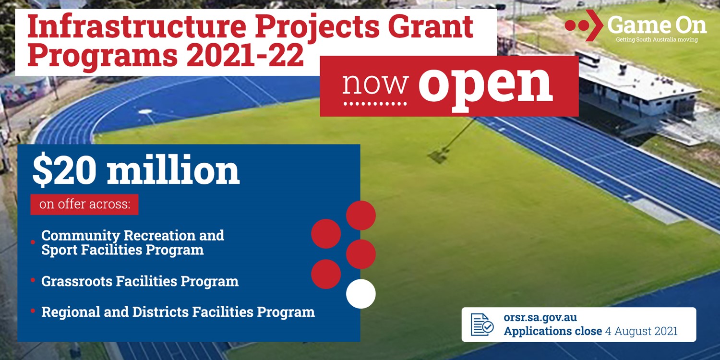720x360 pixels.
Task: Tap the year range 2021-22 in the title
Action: point(245,55)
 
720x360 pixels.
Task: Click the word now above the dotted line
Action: point(375,84)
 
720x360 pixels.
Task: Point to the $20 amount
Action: point(64,170)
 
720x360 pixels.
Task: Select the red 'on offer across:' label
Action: point(84,204)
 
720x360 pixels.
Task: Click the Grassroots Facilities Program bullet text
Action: point(140,281)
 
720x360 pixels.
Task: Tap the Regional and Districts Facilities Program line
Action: point(178,312)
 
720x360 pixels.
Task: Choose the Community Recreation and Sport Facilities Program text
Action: point(132,243)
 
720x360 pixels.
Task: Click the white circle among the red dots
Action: point(360,294)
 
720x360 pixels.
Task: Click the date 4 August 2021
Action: point(641,331)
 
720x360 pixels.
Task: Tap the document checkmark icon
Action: point(482,324)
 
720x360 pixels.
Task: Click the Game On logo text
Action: point(657,25)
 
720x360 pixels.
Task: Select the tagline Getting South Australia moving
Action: point(657,40)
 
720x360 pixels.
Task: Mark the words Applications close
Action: point(553,331)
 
